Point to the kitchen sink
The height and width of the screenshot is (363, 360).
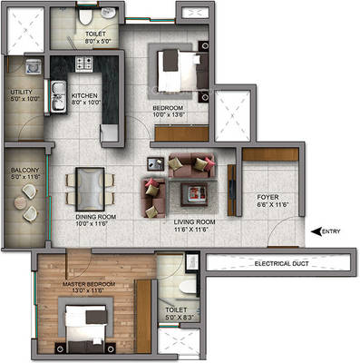click(57, 92)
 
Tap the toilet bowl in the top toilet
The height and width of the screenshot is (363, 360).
click(83, 16)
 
